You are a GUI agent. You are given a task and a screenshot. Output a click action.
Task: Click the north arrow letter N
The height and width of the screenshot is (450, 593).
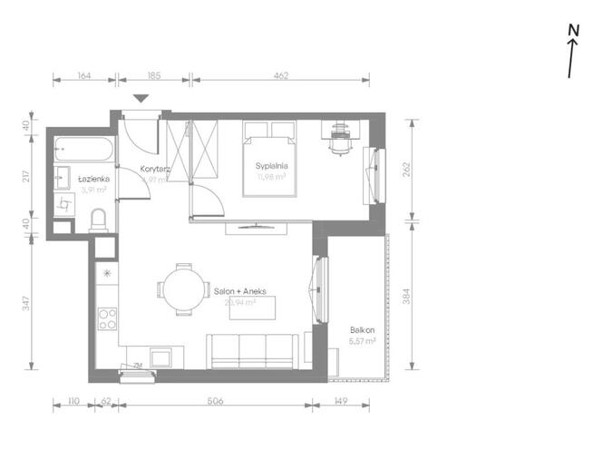pyautogui.click(x=573, y=30)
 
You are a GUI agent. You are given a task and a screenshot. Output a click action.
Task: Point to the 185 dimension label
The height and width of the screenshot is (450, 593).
pyautogui.click(x=155, y=76)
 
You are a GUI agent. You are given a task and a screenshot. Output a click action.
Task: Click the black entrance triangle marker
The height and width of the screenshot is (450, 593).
pyautogui.click(x=141, y=99)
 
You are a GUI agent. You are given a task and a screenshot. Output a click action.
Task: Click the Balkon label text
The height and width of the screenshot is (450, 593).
pyautogui.click(x=362, y=330)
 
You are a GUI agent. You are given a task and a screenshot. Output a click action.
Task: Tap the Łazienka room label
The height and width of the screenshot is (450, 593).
pyautogui.click(x=93, y=179)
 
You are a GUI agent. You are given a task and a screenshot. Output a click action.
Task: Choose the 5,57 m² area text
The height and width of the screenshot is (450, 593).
pyautogui.click(x=362, y=341)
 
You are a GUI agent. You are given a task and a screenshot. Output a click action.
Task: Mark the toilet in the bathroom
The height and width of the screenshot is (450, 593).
pyautogui.click(x=100, y=219)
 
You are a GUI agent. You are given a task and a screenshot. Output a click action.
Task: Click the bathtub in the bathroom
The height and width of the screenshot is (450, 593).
pyautogui.click(x=83, y=147)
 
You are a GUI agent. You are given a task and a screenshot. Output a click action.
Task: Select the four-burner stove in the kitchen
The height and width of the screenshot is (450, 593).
pyautogui.click(x=107, y=318)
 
